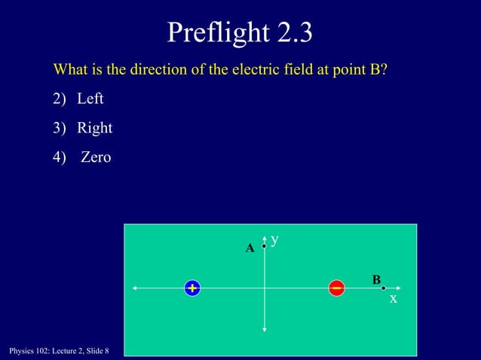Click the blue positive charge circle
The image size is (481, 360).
coord(192,288)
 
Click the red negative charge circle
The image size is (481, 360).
coord(337,288)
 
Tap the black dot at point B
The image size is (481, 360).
coord(383,288)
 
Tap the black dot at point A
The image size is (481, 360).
coord(263,246)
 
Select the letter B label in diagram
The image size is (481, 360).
coord(376,280)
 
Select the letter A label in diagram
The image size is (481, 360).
coord(250,249)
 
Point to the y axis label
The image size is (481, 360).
coord(275,239)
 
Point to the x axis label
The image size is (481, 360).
coord(393,299)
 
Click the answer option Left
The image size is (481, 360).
coord(90,99)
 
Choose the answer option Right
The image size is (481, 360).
coord(95,128)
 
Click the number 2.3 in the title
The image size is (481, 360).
coord(290,32)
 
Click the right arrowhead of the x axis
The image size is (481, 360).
coord(397,288)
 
